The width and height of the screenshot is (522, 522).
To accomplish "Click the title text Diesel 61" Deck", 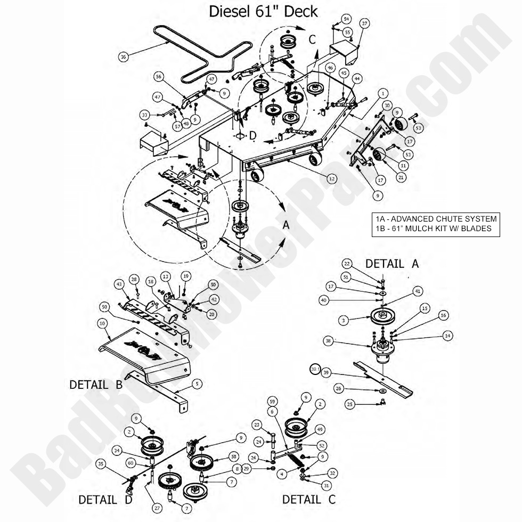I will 263,12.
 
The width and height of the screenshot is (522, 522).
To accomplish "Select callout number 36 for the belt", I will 124,57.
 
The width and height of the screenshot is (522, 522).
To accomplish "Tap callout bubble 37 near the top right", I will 364,24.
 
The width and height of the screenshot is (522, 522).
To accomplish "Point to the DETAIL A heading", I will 392,263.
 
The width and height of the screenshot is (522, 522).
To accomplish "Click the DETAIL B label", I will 96,384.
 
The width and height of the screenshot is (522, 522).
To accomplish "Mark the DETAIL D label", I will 105,500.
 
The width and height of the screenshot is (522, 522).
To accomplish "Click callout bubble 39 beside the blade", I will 326,372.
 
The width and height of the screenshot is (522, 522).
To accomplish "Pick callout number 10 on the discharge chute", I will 102,323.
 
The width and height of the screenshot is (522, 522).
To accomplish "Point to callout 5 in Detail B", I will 197,382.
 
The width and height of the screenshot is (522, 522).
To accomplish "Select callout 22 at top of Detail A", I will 347,264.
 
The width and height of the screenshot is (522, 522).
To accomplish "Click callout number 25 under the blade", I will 349,404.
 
